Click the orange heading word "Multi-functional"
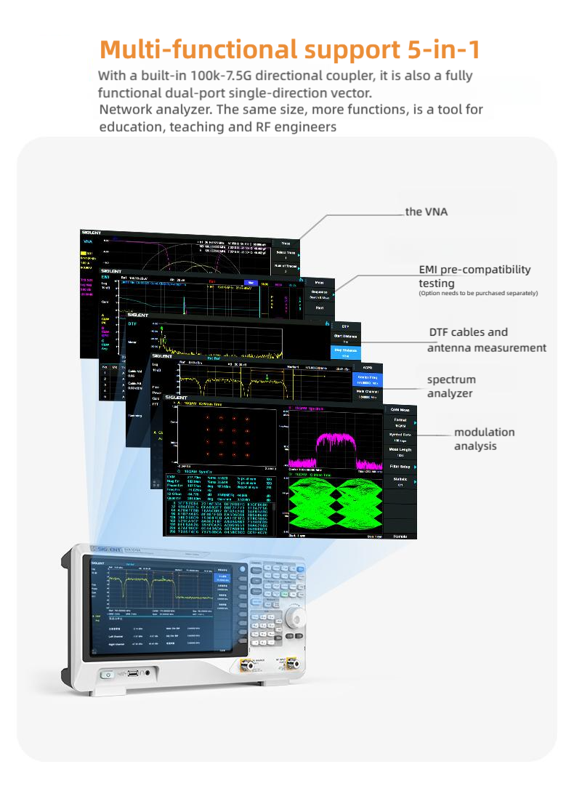click(x=197, y=49)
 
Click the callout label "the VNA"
click(x=427, y=212)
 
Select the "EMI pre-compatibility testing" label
click(x=474, y=276)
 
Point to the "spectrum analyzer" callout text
click(x=451, y=386)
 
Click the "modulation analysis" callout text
click(x=484, y=438)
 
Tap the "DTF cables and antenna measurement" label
click(x=486, y=339)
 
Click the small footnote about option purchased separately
click(x=477, y=293)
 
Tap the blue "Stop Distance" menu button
click(x=345, y=353)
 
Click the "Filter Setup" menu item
click(x=400, y=466)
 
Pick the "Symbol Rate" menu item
click(x=400, y=437)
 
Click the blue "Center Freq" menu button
click(x=368, y=379)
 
